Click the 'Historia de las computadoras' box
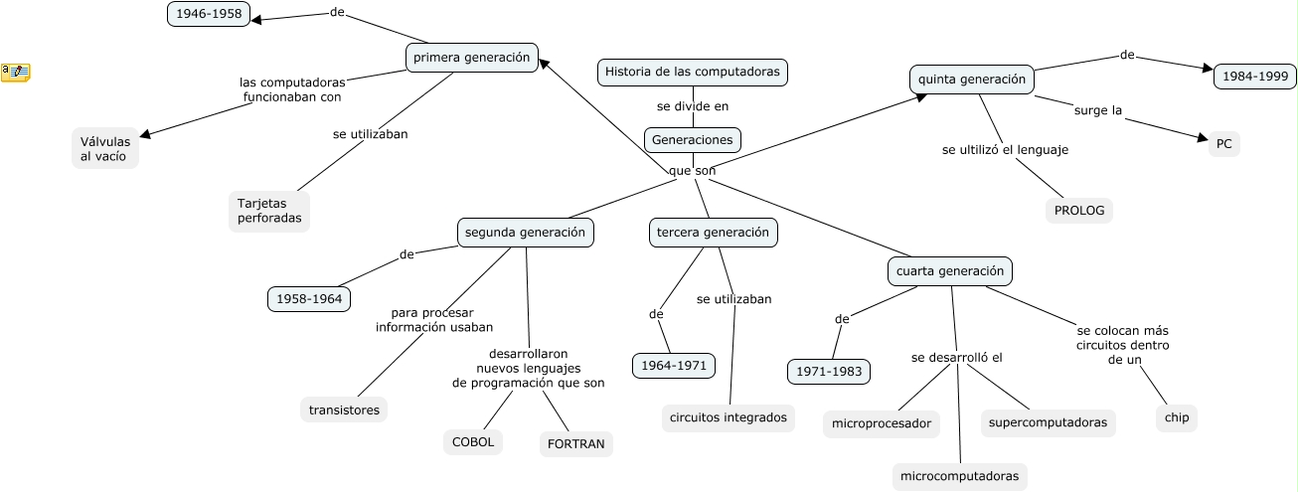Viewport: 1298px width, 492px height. pyautogui.click(x=693, y=72)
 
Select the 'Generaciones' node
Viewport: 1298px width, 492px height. pyautogui.click(x=693, y=139)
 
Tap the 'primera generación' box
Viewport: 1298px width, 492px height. pyautogui.click(x=472, y=58)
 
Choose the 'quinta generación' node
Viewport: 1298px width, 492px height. pyautogui.click(x=971, y=80)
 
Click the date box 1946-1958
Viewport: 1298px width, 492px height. pyautogui.click(x=209, y=14)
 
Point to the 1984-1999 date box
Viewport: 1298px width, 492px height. pyautogui.click(x=1254, y=77)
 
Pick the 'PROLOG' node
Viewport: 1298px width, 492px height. pyautogui.click(x=1078, y=211)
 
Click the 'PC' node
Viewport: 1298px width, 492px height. pyautogui.click(x=1223, y=144)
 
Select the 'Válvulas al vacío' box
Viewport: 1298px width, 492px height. pyautogui.click(x=105, y=148)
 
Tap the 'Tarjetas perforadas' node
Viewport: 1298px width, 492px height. pyautogui.click(x=268, y=211)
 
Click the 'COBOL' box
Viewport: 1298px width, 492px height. pyautogui.click(x=473, y=442)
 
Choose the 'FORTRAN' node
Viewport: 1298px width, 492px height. pyautogui.click(x=576, y=444)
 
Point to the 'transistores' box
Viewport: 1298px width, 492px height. pyautogui.click(x=344, y=410)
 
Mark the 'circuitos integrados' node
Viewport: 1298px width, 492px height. pyautogui.click(x=729, y=417)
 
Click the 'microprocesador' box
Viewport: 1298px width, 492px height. pyautogui.click(x=882, y=423)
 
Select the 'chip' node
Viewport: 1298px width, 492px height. pyautogui.click(x=1177, y=417)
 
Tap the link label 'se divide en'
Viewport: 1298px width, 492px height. pyautogui.click(x=693, y=105)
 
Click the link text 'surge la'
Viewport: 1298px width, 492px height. pyautogui.click(x=1097, y=110)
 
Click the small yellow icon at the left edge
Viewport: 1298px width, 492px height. pyautogui.click(x=15, y=72)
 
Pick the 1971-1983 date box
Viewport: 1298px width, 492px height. pyautogui.click(x=829, y=372)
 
